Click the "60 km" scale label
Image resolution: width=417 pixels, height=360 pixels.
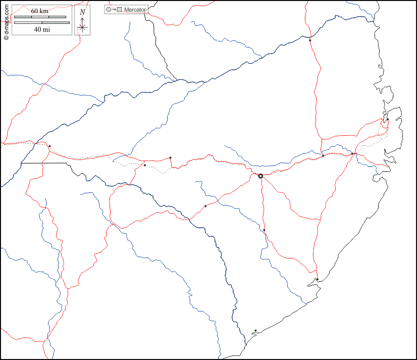pos(39,11)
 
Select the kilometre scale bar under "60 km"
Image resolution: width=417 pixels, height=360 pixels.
pos(40,17)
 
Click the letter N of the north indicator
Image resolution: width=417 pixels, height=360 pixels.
pos(82,12)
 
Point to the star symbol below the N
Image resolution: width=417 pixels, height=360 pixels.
pos(82,27)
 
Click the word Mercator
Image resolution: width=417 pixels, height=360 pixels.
pos(135,10)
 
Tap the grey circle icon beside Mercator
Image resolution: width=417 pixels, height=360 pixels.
pos(109,10)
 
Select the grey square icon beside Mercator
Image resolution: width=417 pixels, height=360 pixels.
pos(120,10)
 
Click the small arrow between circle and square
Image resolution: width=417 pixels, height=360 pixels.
pos(114,10)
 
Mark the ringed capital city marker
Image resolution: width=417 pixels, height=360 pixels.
pos(260,176)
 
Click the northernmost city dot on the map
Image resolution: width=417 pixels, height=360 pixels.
pos(310,40)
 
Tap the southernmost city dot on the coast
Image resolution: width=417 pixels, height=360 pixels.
pos(255,331)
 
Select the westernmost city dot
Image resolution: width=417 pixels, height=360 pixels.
pos(49,146)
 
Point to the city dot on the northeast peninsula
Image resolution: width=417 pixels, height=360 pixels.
pos(388,120)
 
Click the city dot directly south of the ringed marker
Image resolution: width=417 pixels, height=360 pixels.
pos(264,230)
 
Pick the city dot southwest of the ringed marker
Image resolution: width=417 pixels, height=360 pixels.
pos(205,206)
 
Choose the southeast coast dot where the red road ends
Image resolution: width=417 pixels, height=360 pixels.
pos(317,279)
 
